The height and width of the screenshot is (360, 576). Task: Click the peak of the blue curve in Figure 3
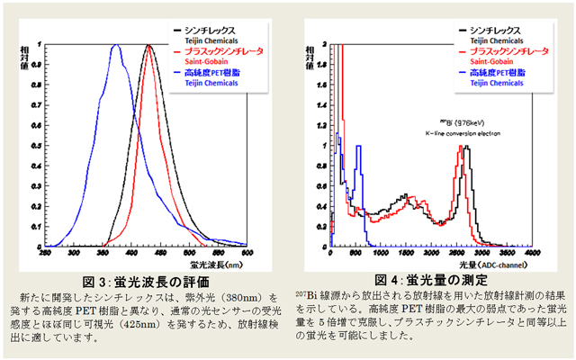click(116, 46)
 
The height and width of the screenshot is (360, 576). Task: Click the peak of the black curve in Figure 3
click(148, 46)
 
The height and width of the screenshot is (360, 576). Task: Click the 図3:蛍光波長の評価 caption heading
click(137, 281)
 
